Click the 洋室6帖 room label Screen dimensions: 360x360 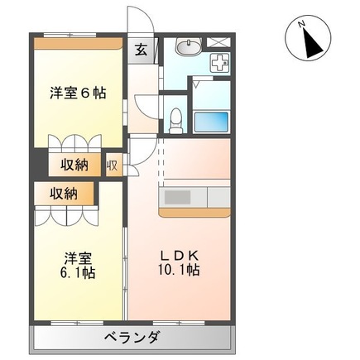click(78, 93)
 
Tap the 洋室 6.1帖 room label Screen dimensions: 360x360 click(78, 266)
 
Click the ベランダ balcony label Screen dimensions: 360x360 click(132, 337)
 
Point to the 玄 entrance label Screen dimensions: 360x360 click(141, 50)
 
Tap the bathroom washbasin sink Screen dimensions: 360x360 click(189, 47)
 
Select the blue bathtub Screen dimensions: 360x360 click(212, 122)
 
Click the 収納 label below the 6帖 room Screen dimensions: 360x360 click(74, 166)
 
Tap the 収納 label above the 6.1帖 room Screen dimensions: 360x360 click(64, 194)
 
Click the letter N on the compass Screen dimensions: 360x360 click(302, 24)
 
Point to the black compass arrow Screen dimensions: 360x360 click(312, 43)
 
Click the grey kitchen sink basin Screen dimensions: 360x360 click(178, 198)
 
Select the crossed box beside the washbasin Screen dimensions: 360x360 click(218, 42)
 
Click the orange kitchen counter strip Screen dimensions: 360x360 click(194, 212)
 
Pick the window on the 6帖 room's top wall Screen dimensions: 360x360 click(70, 35)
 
